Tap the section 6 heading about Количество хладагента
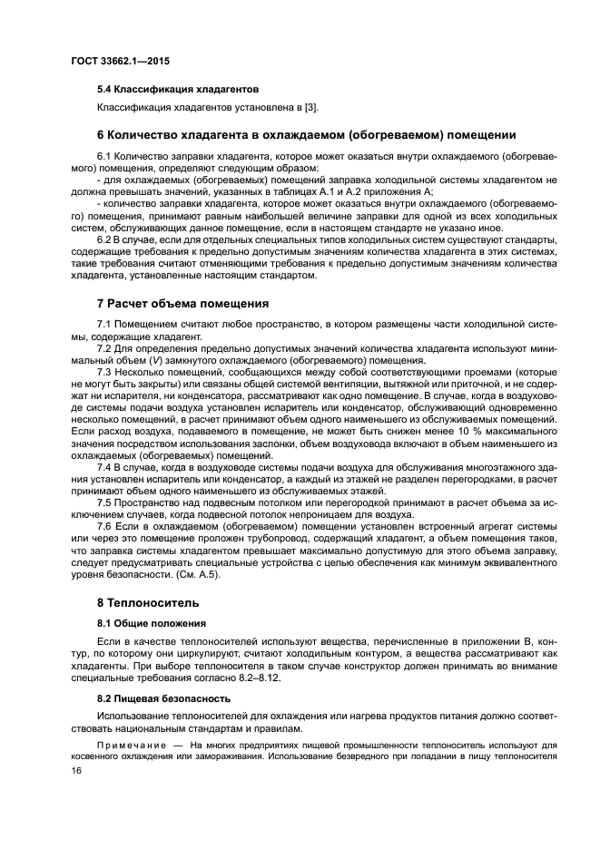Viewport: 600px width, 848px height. coord(306,135)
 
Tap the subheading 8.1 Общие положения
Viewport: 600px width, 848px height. coord(151,623)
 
